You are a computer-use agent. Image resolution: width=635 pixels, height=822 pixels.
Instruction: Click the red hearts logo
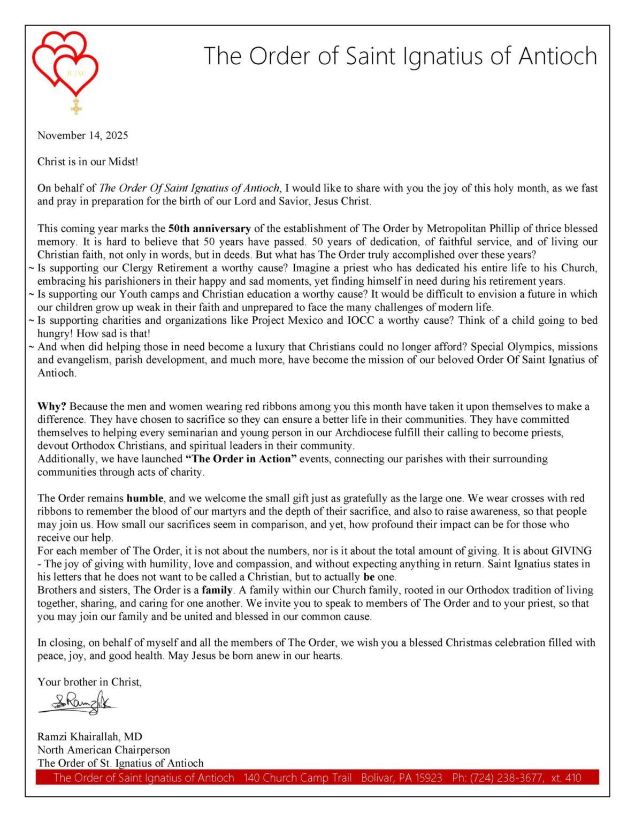pos(65,60)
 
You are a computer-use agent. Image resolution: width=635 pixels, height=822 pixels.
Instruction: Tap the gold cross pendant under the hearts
pos(76,106)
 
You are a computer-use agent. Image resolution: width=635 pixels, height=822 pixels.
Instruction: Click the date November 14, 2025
pos(82,135)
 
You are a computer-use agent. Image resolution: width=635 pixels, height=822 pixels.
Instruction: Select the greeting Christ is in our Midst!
pos(88,162)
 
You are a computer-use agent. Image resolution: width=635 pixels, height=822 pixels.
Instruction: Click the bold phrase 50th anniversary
pos(209,229)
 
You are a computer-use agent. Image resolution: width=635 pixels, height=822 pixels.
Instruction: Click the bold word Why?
pos(52,407)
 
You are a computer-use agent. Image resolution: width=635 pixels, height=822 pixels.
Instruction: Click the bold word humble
pos(145,498)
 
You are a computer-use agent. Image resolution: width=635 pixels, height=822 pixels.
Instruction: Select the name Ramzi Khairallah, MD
pos(90,737)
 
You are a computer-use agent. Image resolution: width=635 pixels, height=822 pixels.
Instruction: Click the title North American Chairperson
pos(104,750)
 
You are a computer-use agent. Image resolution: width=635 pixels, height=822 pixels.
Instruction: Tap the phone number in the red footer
pos(516,778)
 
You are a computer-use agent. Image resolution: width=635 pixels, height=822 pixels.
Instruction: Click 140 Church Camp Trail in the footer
pos(297,778)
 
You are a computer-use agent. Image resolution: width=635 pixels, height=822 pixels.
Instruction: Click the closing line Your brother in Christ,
pos(89,682)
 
